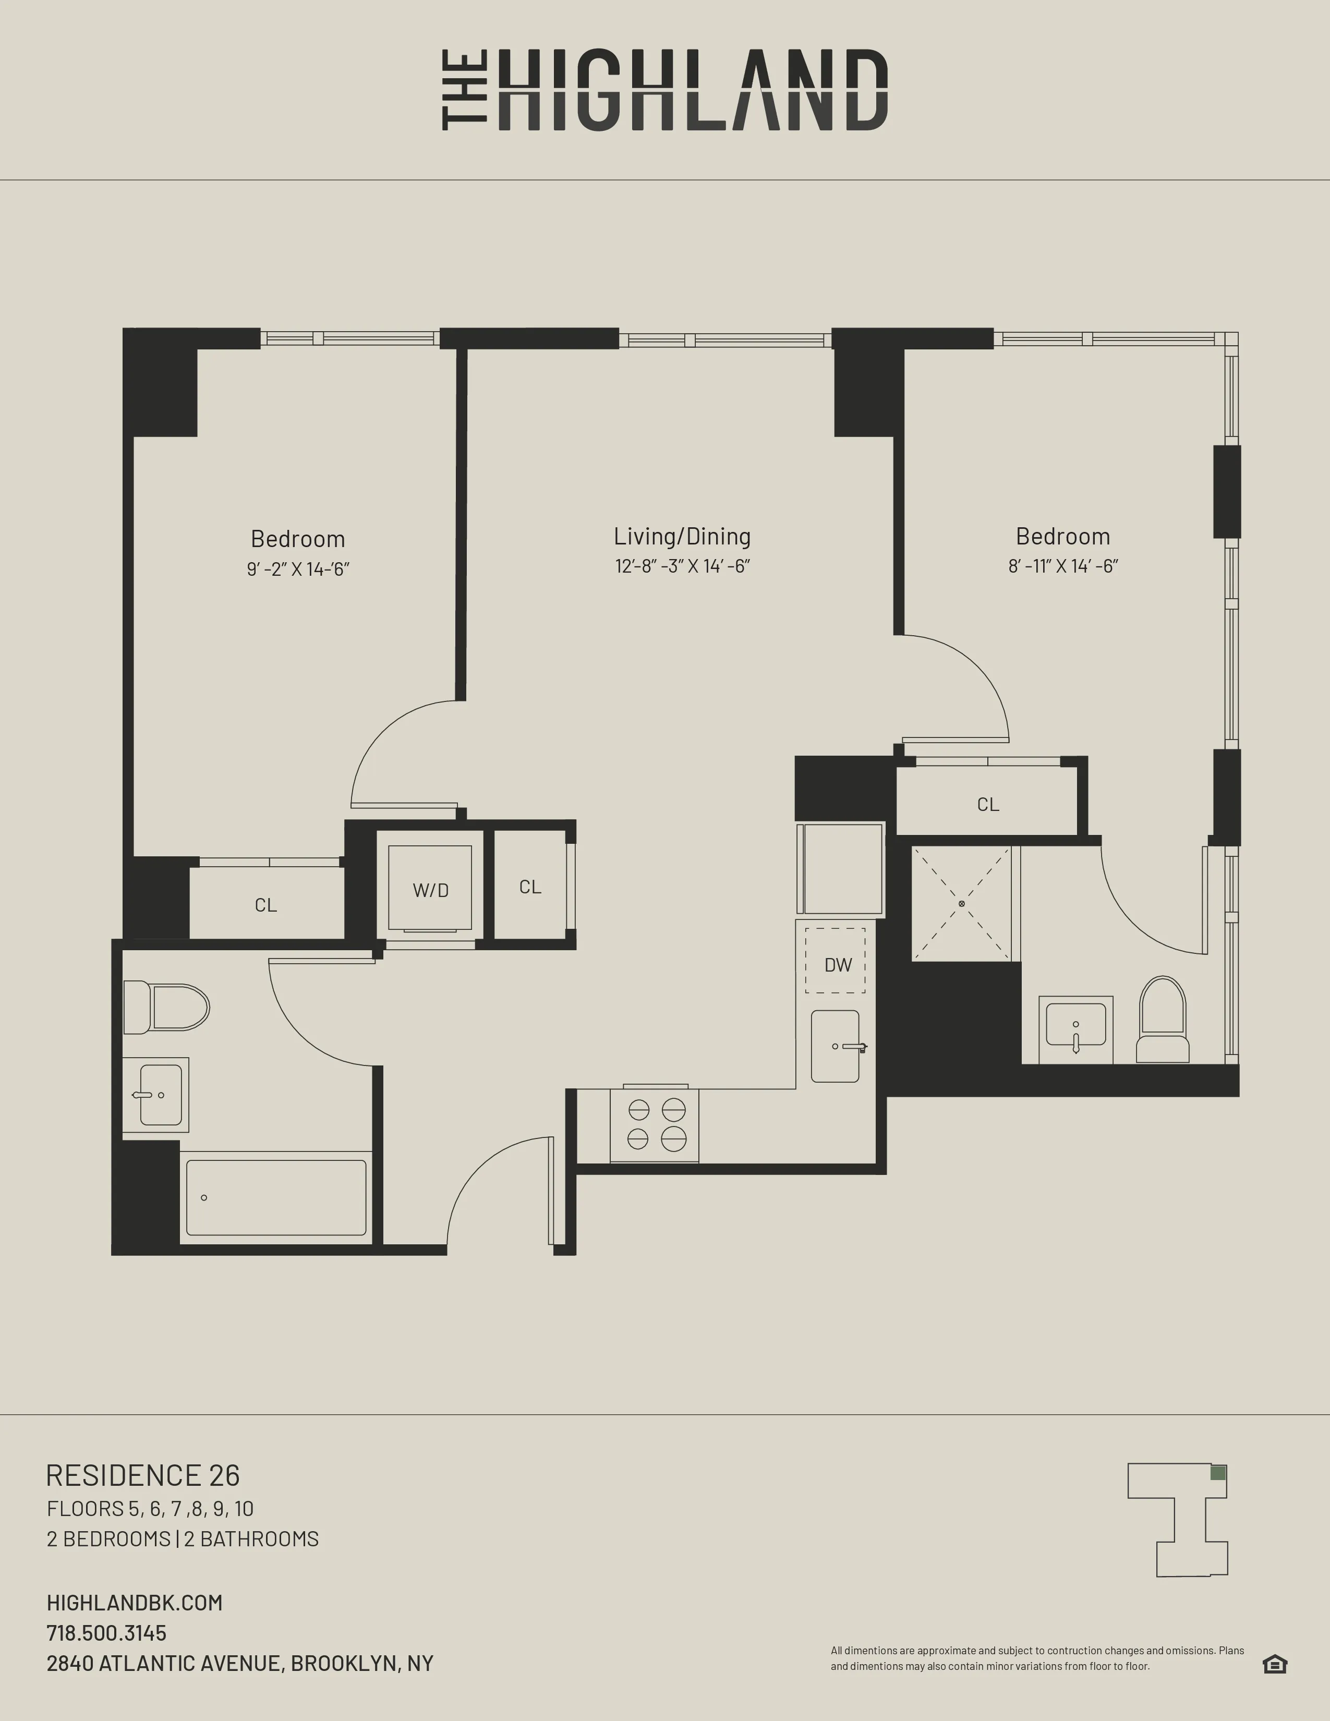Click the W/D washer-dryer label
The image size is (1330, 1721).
coord(430,890)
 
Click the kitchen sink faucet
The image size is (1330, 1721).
coord(854,1047)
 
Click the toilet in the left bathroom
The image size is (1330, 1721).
coord(167,1007)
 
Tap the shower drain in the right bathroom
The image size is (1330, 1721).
coord(961,903)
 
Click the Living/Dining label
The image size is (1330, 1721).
coord(682,537)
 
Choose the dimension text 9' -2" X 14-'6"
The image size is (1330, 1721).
coord(298,569)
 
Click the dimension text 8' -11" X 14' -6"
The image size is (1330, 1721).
coord(1063,566)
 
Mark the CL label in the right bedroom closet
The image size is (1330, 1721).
coord(988,805)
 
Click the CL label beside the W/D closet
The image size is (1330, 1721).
coord(530,887)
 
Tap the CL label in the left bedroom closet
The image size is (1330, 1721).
coord(265,905)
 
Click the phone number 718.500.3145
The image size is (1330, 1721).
coord(106,1633)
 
